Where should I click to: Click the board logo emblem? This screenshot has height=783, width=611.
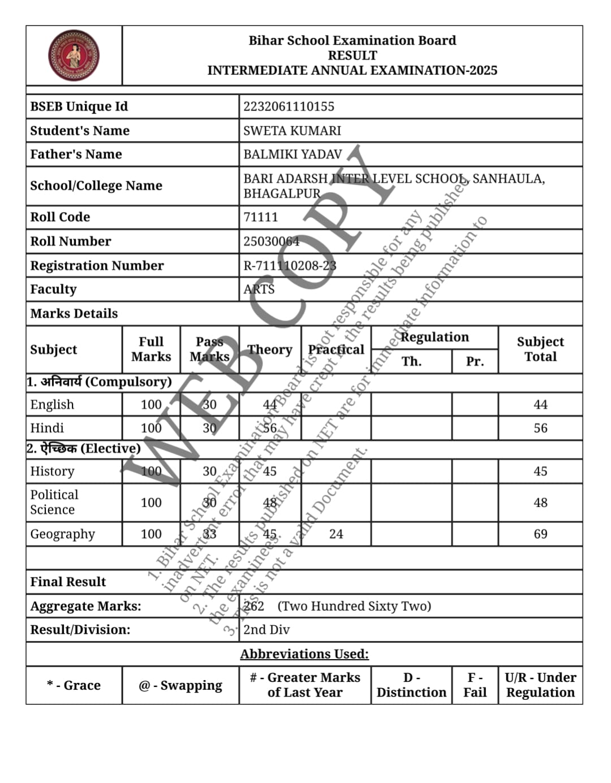(74, 55)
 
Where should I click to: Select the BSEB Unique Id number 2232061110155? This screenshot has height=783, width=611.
(289, 106)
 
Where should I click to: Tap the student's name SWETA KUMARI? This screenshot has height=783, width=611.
(292, 131)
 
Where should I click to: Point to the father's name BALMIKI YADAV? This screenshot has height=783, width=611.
(292, 154)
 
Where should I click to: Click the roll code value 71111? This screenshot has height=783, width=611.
(260, 217)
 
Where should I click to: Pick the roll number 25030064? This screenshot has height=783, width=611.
(271, 241)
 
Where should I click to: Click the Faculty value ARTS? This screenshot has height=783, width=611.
(259, 289)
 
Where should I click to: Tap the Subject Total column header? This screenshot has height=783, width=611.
(540, 349)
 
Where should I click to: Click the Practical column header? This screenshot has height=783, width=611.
(336, 349)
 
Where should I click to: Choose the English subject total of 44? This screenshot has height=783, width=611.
(540, 405)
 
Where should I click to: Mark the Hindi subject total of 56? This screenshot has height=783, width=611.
(540, 428)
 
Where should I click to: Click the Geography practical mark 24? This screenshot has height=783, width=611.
(336, 534)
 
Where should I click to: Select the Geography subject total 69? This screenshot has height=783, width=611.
(540, 534)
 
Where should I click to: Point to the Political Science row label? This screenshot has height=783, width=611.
(54, 502)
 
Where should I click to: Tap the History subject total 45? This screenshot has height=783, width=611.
(540, 471)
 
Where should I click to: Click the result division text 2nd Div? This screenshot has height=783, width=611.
(266, 630)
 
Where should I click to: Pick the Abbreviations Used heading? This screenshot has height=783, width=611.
(304, 654)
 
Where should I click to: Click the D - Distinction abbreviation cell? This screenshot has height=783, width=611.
(411, 685)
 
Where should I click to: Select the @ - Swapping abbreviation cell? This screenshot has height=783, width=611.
(180, 685)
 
